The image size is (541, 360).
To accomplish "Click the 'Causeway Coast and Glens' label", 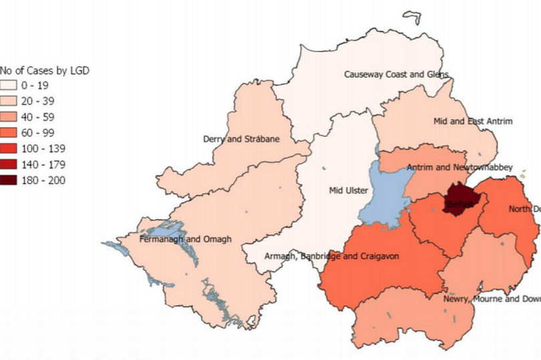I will pyautogui.click(x=396, y=74).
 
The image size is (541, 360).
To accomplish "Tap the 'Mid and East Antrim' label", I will pyautogui.click(x=472, y=122).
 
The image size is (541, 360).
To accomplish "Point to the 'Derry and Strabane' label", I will pyautogui.click(x=241, y=139).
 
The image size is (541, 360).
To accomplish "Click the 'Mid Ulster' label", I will pyautogui.click(x=348, y=190).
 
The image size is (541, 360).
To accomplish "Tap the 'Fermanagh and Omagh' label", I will pyautogui.click(x=185, y=239).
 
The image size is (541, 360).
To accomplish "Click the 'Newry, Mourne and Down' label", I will pyautogui.click(x=491, y=299).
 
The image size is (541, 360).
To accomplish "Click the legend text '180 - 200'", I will pyautogui.click(x=48, y=179).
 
